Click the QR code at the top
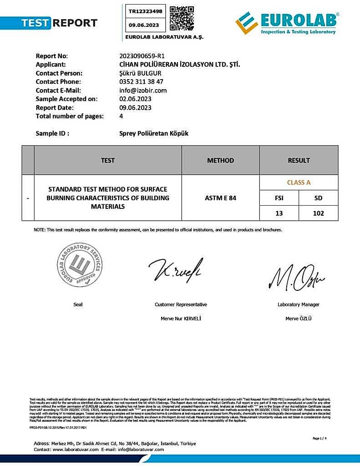pos(182,18)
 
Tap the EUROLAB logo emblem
pos(247,23)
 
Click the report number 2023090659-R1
pos(142,56)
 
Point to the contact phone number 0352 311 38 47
pos(141,82)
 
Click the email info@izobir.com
pos(143,91)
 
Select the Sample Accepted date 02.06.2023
pos(135,99)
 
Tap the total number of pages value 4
pos(121,116)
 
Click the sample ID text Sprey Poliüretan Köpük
pos(153,134)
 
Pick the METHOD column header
pos(220,160)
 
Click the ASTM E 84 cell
pos(220,198)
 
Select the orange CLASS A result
pos(299,182)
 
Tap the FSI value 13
pos(279,213)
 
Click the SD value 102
pos(318,213)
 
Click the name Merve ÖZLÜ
pos(299,319)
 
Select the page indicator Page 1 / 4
pos(320,438)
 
